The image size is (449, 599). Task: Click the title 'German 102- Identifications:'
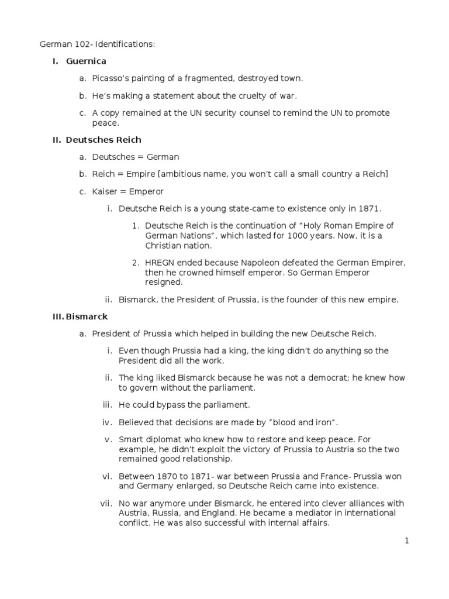pos(98,44)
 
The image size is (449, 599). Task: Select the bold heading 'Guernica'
pos(86,61)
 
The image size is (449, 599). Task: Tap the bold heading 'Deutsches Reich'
pos(103,140)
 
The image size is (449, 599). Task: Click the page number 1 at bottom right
pos(407,541)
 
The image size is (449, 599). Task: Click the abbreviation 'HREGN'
pos(160,263)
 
